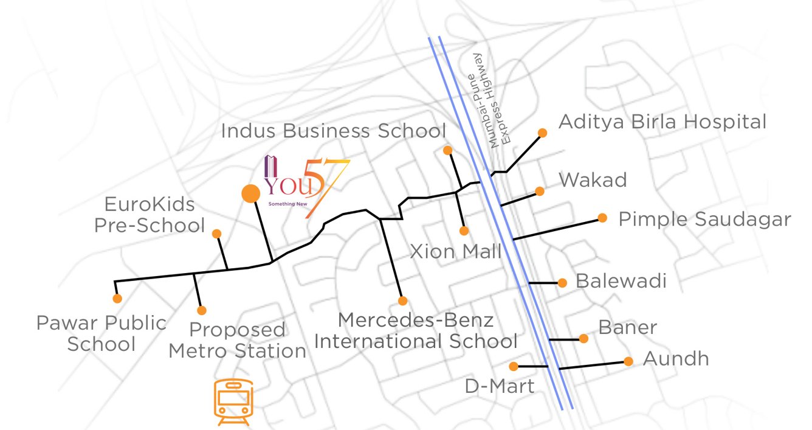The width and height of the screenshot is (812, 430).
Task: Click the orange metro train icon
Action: coord(233,402)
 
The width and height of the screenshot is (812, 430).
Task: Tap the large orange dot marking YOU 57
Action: coord(250,194)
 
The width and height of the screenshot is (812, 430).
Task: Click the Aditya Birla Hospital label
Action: coord(662,122)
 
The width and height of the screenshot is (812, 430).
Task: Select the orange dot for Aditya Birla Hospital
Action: coord(542,133)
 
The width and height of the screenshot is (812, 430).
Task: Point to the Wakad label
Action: coord(593,180)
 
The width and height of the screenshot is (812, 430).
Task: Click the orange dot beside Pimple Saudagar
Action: coord(602,218)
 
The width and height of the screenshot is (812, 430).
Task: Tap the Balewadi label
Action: coord(621,281)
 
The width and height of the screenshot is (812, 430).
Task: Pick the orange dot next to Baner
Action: coord(583,338)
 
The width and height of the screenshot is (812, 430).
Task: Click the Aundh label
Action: coord(676,359)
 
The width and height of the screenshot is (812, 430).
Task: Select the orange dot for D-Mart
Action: coord(514,366)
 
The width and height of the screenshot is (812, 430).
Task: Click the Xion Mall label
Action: coord(456,251)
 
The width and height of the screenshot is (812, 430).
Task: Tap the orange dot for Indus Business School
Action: coord(447,150)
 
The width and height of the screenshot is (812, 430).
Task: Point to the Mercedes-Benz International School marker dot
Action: coord(402,300)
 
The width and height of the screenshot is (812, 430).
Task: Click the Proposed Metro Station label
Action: coord(237,341)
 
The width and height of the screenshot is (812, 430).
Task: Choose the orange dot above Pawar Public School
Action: coord(117,299)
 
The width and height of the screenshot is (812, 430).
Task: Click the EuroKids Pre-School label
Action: coord(149,214)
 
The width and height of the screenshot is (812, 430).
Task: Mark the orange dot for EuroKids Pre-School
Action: coord(216,234)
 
